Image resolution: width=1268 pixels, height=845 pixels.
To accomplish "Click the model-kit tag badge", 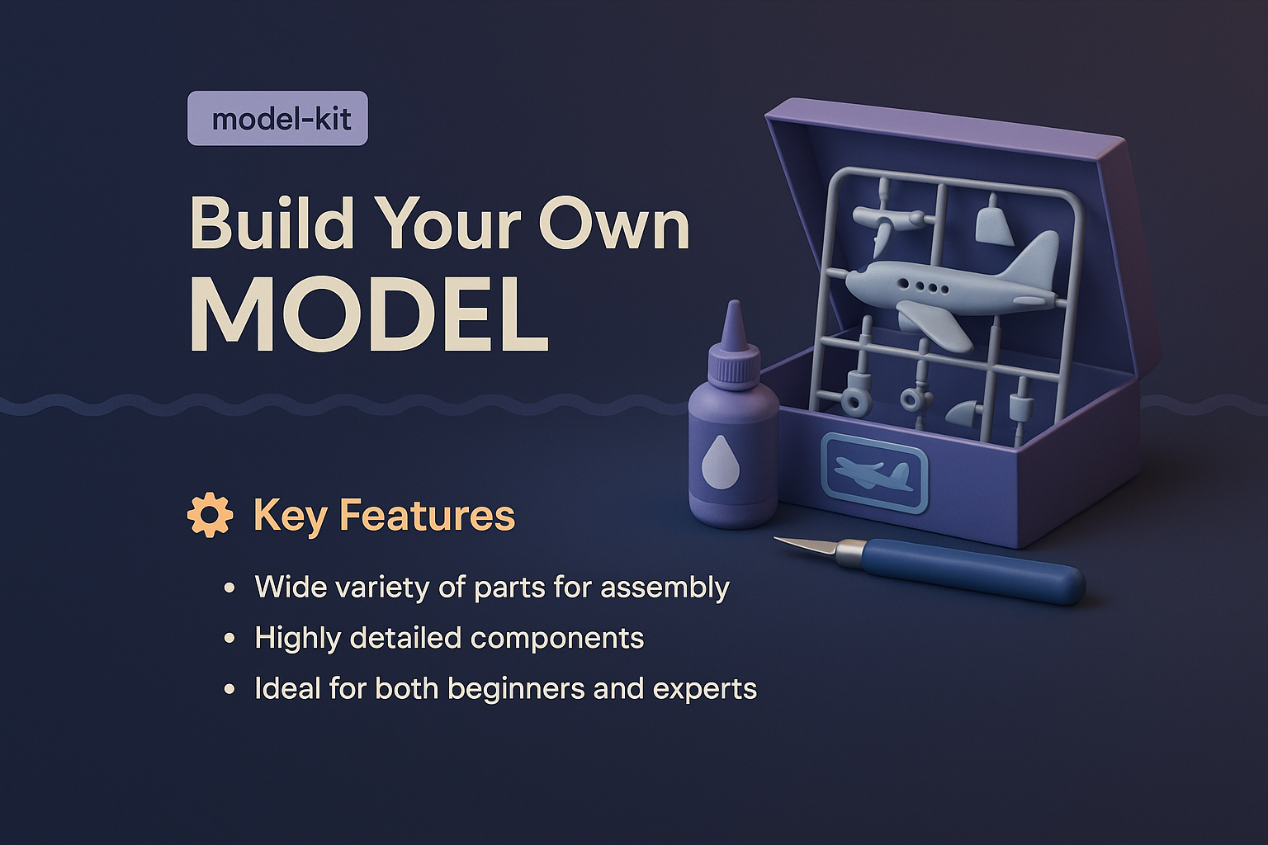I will pyautogui.click(x=277, y=119).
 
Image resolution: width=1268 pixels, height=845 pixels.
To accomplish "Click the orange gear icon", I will pyautogui.click(x=210, y=515).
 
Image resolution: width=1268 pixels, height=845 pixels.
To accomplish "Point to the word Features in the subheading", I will pyautogui.click(x=428, y=515).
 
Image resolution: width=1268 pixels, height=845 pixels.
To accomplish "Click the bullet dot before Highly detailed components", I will pyautogui.click(x=229, y=639).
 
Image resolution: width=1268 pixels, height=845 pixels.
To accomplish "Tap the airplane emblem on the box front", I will pyautogui.click(x=873, y=474).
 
